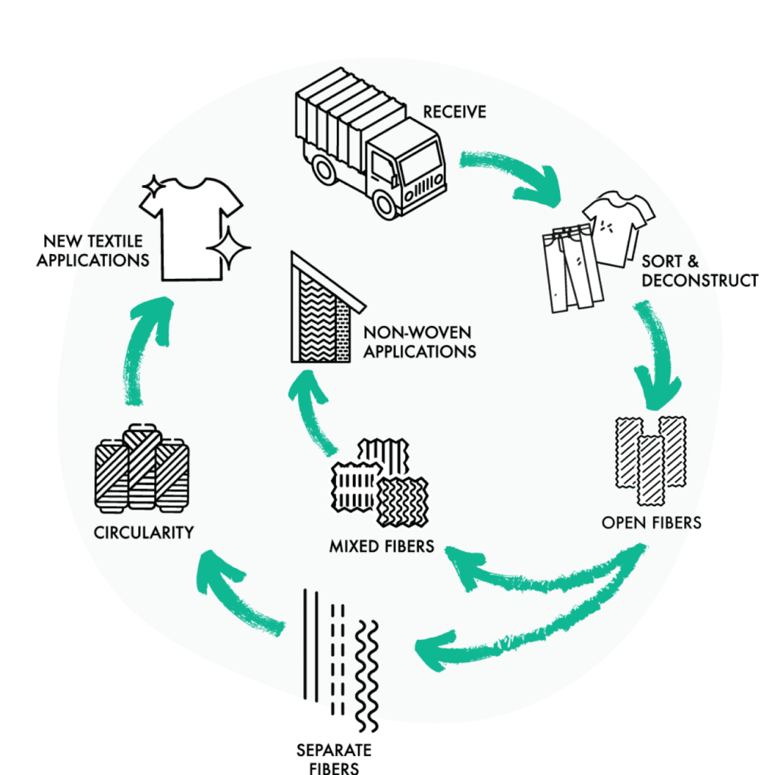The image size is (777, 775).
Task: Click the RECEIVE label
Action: (455, 112)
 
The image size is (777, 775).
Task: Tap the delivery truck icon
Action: (371, 143)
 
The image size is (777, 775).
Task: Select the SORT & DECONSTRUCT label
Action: (699, 271)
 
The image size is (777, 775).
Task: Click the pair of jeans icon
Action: (572, 269)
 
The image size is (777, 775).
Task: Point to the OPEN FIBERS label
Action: (651, 523)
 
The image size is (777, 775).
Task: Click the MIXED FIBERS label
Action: (382, 546)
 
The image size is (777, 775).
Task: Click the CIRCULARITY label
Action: (143, 533)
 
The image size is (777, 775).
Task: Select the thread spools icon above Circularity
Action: (142, 469)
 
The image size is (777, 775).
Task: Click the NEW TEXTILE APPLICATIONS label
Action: (93, 250)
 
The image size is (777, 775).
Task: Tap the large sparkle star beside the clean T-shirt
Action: (228, 248)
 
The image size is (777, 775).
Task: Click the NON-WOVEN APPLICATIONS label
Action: (419, 342)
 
